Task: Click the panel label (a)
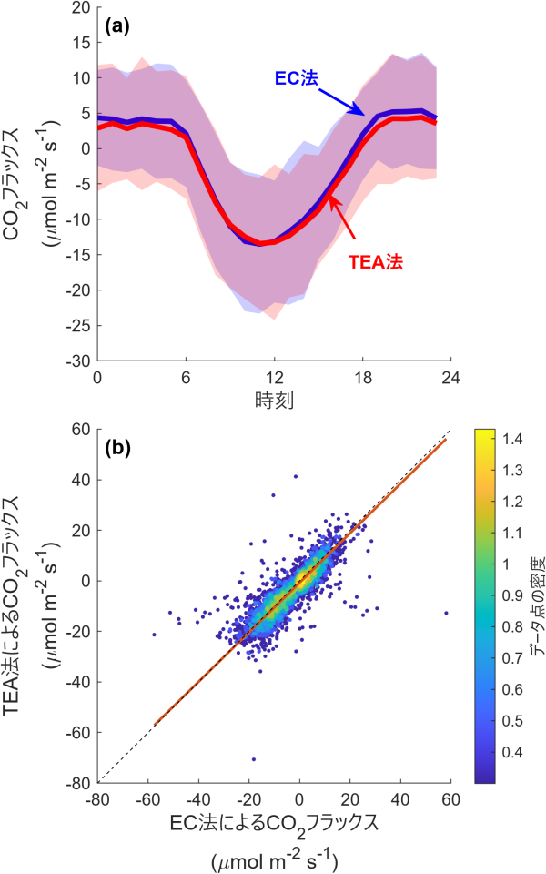[118, 27]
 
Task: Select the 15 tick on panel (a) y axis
[77, 42]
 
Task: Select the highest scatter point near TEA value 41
[295, 476]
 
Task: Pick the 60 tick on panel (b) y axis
[79, 429]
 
